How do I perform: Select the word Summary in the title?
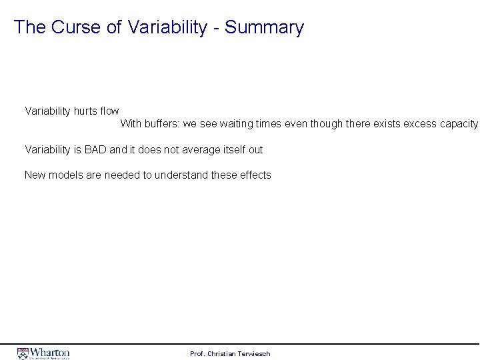(x=265, y=28)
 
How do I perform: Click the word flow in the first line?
(x=109, y=111)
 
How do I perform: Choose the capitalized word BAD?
(x=96, y=149)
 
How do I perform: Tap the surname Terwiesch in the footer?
(x=253, y=353)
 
